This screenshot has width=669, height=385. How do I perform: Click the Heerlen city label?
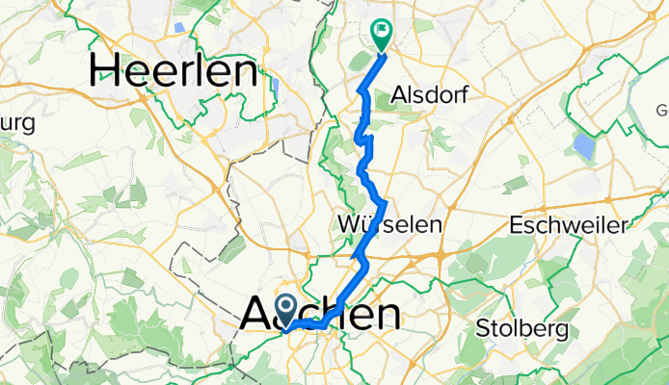pyautogui.click(x=174, y=70)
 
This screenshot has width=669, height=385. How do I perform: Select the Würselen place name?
pyautogui.click(x=391, y=223)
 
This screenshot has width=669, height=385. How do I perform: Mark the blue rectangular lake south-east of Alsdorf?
pyautogui.click(x=583, y=146)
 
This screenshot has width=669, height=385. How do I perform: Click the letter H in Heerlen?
pyautogui.click(x=109, y=70)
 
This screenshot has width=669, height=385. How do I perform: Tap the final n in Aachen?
pyautogui.click(x=386, y=314)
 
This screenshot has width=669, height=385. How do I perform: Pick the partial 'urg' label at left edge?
pyautogui.click(x=16, y=123)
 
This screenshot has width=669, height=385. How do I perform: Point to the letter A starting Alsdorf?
pyautogui.click(x=400, y=95)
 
